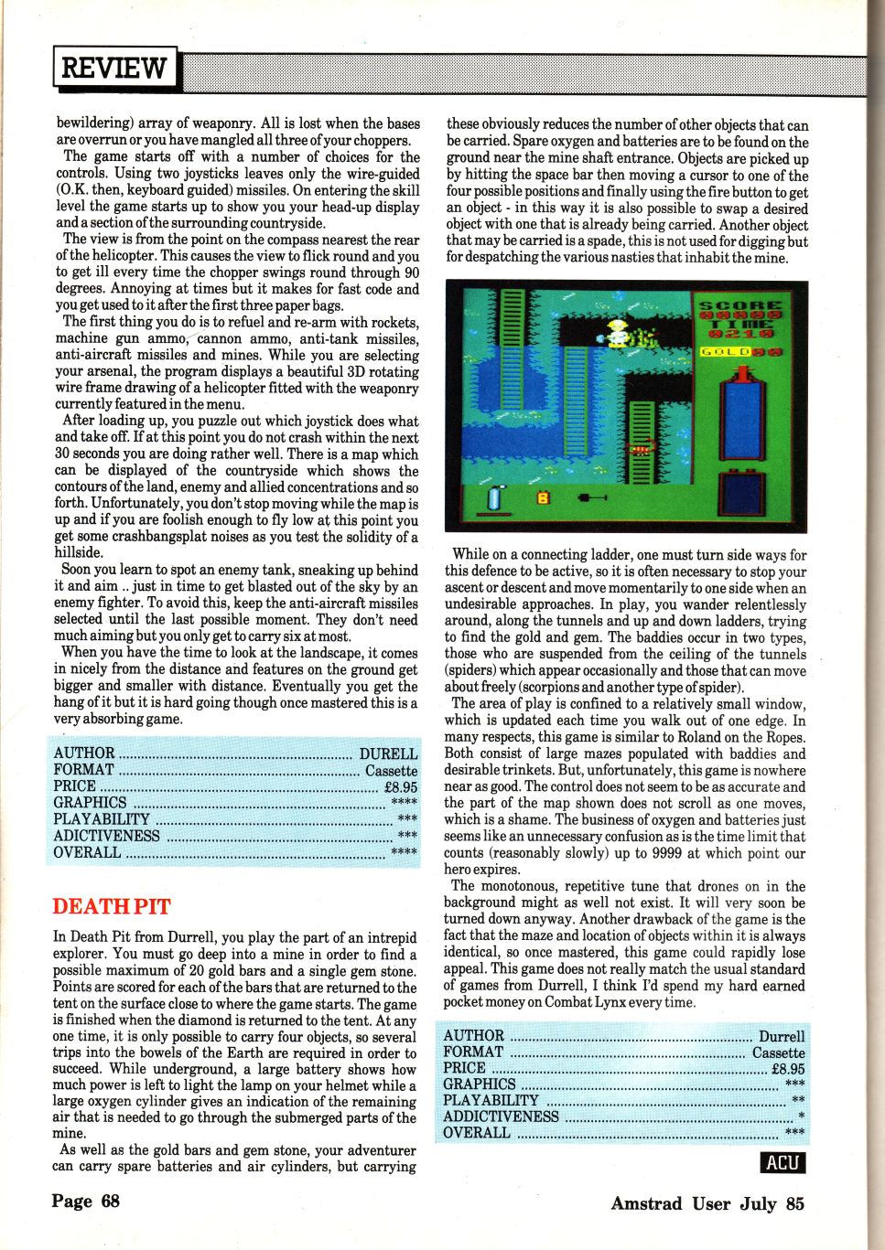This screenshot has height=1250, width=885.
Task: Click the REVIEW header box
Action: pyautogui.click(x=114, y=68)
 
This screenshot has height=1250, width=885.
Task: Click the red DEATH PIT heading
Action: pyautogui.click(x=112, y=906)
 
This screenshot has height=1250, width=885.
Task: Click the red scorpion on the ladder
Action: pyautogui.click(x=642, y=449)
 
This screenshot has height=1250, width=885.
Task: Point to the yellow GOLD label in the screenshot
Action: pyautogui.click(x=726, y=351)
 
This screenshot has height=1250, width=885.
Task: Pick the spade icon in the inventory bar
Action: pyautogui.click(x=592, y=497)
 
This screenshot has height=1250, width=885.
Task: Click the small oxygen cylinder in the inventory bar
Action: pyautogui.click(x=495, y=497)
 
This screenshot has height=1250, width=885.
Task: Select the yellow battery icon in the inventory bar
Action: pyautogui.click(x=542, y=497)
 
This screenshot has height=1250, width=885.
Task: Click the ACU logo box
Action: pyautogui.click(x=783, y=1162)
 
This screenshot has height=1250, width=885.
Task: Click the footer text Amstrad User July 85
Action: pyautogui.click(x=707, y=1203)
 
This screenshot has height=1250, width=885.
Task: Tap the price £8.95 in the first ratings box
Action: pyautogui.click(x=400, y=786)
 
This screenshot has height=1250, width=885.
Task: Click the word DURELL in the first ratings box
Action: pyautogui.click(x=388, y=753)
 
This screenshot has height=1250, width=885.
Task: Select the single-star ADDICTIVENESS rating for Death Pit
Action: pyautogui.click(x=801, y=1116)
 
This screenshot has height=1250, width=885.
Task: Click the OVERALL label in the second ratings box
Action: pyautogui.click(x=476, y=1132)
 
